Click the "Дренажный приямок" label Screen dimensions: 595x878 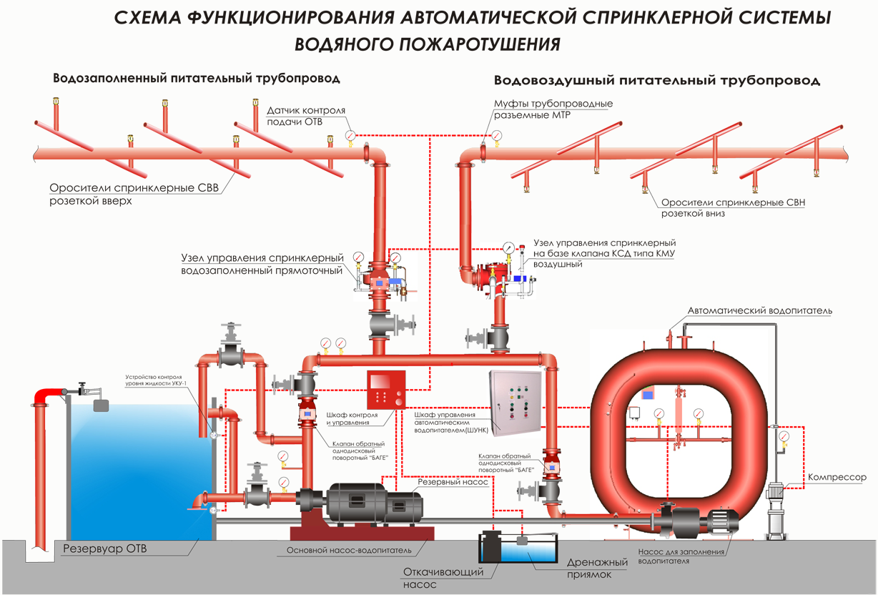click(x=597, y=568)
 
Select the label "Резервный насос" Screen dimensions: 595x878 click(x=453, y=482)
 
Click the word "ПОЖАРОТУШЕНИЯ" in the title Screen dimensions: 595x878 click(x=427, y=44)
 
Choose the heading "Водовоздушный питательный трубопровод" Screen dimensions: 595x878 click(x=656, y=80)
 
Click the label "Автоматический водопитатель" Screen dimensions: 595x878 click(x=760, y=311)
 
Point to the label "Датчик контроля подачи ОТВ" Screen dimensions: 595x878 click(x=306, y=117)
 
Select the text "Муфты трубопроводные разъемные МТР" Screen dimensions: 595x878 click(x=553, y=109)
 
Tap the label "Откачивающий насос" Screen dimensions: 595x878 click(x=443, y=578)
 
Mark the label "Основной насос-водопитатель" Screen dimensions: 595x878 click(x=349, y=550)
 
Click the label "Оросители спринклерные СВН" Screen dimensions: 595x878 click(x=733, y=202)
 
